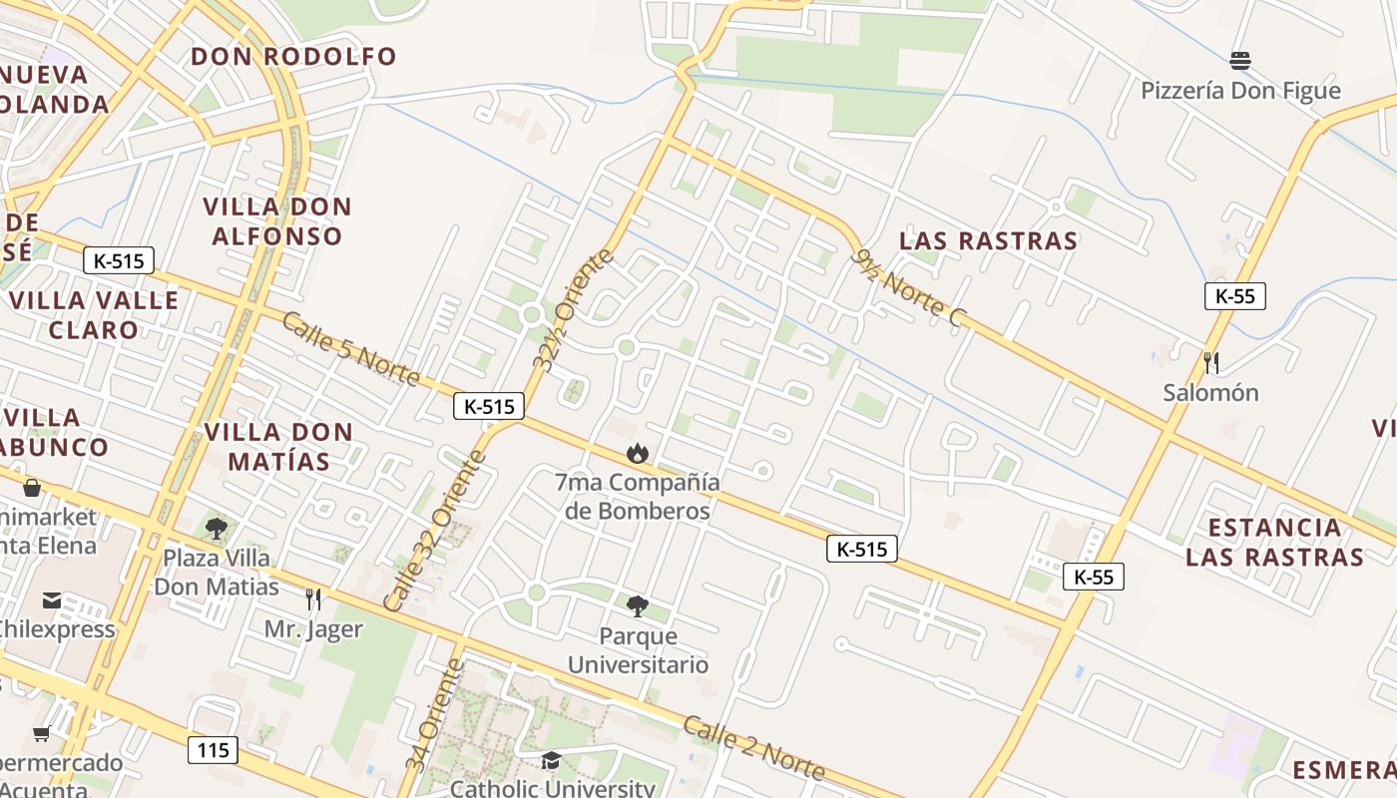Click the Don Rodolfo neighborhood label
293,56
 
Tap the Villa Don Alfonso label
276,221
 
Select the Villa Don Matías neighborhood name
278,446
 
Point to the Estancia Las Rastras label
1274,542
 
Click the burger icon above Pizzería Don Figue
1240,61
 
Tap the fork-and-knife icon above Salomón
1211,361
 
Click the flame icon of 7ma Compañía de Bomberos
637,454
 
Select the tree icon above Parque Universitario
637,605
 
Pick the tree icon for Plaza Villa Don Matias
216,528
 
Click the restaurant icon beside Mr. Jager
313,598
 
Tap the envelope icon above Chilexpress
52,599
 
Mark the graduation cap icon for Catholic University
551,761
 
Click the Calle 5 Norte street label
350,349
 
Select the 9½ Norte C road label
911,288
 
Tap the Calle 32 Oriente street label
435,531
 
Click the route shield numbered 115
214,750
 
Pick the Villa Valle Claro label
93,314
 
